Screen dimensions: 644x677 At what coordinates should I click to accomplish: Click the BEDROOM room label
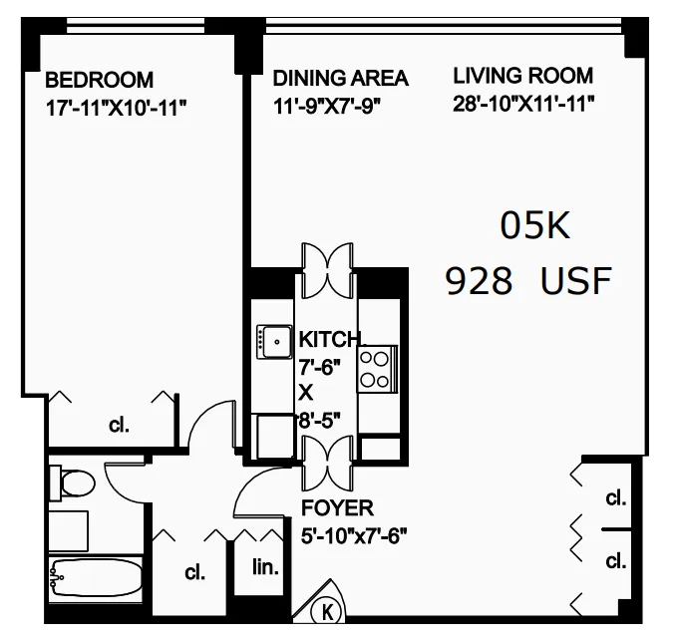[x=99, y=80]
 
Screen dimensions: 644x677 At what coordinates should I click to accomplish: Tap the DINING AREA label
[x=340, y=79]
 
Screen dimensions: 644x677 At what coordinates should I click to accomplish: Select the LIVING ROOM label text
[x=522, y=76]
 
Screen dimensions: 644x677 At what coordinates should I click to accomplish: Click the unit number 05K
[x=534, y=227]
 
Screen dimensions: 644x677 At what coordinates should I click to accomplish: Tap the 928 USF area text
[x=527, y=282]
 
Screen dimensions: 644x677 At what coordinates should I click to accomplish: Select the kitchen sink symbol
[x=271, y=342]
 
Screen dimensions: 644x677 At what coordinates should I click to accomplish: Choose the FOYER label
[x=338, y=509]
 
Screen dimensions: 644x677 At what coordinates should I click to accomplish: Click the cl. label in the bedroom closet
[x=119, y=426]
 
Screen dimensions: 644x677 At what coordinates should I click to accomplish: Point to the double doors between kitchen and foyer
[x=328, y=460]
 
